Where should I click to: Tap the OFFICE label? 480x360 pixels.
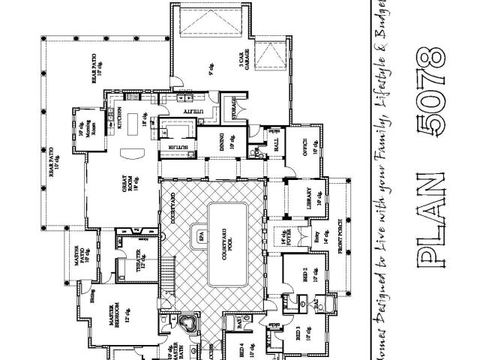307,144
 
